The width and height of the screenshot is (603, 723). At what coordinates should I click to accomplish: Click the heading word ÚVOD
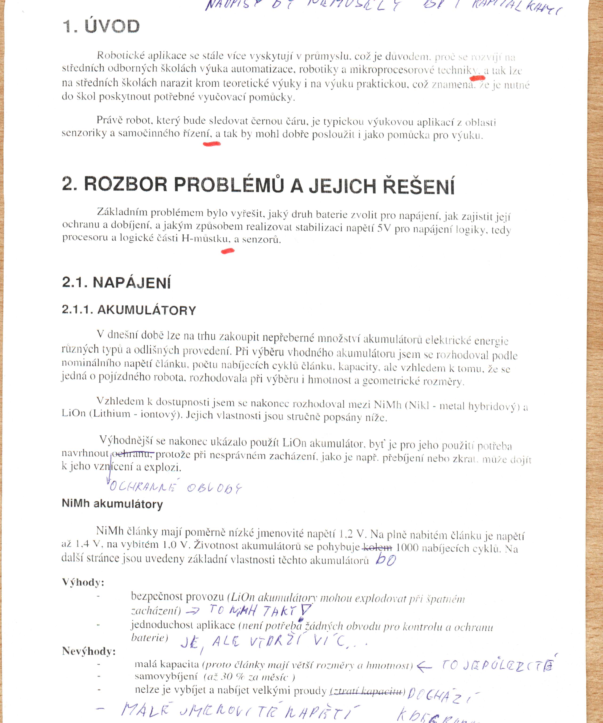click(112, 27)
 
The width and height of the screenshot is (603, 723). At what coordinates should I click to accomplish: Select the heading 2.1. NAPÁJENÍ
click(116, 283)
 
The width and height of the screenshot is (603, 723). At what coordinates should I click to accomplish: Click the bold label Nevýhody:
click(89, 651)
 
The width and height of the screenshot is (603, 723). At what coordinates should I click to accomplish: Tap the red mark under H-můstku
click(227, 251)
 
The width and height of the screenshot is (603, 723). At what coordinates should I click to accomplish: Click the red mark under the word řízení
click(212, 144)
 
